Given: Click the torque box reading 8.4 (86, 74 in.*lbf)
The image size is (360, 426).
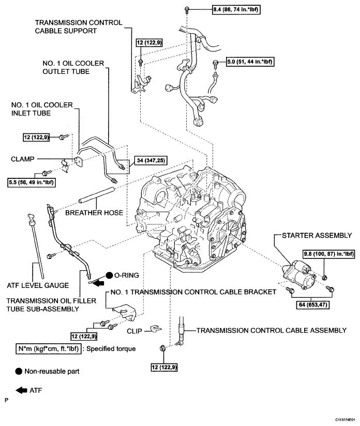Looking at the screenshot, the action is point(236,10).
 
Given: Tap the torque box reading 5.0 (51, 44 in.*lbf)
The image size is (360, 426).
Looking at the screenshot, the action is point(250,62).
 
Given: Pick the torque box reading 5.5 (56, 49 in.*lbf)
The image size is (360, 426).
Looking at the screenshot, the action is point(31,182).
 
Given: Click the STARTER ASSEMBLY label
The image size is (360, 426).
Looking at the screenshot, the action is point(317,235).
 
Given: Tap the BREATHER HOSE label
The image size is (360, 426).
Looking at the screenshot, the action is point(94,212).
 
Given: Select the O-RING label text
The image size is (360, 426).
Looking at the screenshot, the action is point(126,275).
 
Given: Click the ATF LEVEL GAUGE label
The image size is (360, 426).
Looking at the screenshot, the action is point(38,285).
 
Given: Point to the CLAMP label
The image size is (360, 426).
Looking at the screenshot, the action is point(23,159).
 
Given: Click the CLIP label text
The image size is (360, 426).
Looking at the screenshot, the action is point(134,331).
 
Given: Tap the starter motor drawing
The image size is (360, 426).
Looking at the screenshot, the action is point(298,274).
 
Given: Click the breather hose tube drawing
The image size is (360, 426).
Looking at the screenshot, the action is point(97,195).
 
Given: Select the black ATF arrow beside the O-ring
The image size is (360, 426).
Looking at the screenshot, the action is point(98,283).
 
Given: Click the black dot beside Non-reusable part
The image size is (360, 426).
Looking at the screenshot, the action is point(19,371).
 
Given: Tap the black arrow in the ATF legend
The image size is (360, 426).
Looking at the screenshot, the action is point(22,390).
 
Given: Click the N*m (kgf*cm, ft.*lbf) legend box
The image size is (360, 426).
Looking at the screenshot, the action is point(49,348).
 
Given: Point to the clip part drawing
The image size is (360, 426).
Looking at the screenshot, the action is point(156,328).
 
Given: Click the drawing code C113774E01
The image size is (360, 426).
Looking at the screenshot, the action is point(345,420).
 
